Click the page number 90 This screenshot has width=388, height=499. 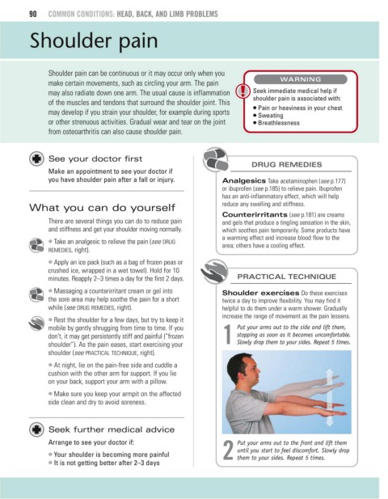[33, 14]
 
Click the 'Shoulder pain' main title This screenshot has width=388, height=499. [94, 41]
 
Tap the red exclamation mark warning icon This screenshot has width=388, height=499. [242, 91]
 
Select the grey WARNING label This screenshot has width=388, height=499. [301, 79]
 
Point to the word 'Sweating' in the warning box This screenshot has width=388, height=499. [270, 115]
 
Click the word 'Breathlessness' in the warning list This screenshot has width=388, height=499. [279, 123]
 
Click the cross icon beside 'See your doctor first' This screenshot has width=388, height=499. [36, 159]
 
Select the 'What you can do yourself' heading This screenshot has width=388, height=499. [102, 208]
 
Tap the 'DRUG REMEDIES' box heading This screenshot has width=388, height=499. [286, 164]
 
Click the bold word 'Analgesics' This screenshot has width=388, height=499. [244, 181]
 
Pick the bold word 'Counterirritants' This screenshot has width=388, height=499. [255, 214]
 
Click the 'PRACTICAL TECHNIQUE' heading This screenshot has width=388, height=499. [286, 277]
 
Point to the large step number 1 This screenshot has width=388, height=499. [228, 335]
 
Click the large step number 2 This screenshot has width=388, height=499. [228, 450]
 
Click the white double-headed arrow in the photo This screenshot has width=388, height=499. [330, 397]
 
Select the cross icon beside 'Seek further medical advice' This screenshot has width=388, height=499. [36, 429]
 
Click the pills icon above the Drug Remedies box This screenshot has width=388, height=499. [216, 159]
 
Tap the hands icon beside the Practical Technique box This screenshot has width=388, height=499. [214, 272]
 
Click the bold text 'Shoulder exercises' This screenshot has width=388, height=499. [260, 293]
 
